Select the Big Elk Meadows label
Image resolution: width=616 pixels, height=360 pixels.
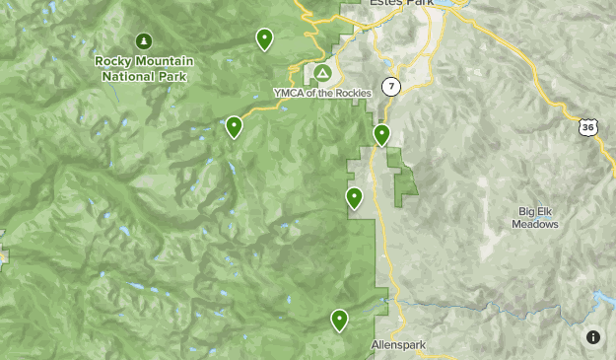point(535,217)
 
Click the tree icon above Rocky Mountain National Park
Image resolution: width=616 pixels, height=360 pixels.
point(144,41)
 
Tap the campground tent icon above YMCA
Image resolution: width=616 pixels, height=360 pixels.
point(322,73)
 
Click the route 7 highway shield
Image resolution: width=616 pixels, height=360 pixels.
point(392,87)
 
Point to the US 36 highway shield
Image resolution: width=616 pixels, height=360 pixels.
point(587,127)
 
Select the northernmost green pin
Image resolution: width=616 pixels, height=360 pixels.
point(264,38)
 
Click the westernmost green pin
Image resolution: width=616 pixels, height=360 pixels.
point(234,126)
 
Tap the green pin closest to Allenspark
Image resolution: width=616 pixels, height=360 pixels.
point(339,320)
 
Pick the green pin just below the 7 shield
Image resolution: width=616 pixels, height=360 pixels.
point(381,134)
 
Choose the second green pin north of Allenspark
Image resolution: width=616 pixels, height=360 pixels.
point(354,198)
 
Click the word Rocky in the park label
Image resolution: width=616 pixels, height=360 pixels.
point(111,61)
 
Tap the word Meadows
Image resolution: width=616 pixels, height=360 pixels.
point(535,224)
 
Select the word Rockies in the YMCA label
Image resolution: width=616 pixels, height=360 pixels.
point(353,93)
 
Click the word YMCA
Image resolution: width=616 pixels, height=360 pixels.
point(288,93)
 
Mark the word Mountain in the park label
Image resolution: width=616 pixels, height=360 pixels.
point(163,61)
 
